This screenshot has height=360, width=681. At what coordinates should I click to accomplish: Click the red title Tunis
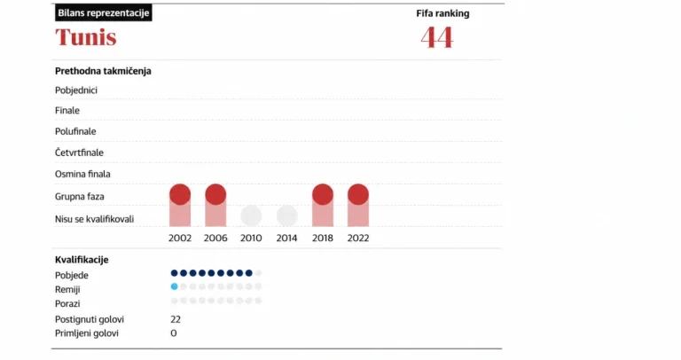(85, 37)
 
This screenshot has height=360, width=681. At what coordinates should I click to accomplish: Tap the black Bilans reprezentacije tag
(104, 12)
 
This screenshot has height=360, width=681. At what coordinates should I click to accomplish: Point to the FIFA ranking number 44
(437, 37)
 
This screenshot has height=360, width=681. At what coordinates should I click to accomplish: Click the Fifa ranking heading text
(442, 13)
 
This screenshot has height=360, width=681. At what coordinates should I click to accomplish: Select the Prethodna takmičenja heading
(103, 71)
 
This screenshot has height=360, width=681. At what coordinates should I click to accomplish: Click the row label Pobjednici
(76, 90)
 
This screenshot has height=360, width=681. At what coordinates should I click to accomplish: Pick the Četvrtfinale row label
(79, 153)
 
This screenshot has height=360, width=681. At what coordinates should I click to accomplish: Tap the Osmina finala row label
(82, 174)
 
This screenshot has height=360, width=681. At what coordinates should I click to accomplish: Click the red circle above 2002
(180, 194)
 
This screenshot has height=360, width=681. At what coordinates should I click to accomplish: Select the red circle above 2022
(358, 194)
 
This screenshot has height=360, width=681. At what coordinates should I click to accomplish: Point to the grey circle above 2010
(251, 215)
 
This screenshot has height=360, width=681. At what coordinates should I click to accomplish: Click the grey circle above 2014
(286, 215)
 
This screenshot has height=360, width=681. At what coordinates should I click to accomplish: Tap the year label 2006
(215, 238)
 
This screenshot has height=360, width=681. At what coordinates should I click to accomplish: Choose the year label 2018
(322, 238)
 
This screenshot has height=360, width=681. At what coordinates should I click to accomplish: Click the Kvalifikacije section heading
(82, 260)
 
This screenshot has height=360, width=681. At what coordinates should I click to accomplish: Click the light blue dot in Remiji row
(174, 286)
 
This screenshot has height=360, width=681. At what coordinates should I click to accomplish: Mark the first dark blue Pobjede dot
(174, 273)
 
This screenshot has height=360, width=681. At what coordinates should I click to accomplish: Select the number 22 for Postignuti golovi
(176, 319)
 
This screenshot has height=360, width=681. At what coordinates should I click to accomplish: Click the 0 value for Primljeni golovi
(174, 333)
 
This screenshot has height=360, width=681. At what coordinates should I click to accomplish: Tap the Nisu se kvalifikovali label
(94, 219)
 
